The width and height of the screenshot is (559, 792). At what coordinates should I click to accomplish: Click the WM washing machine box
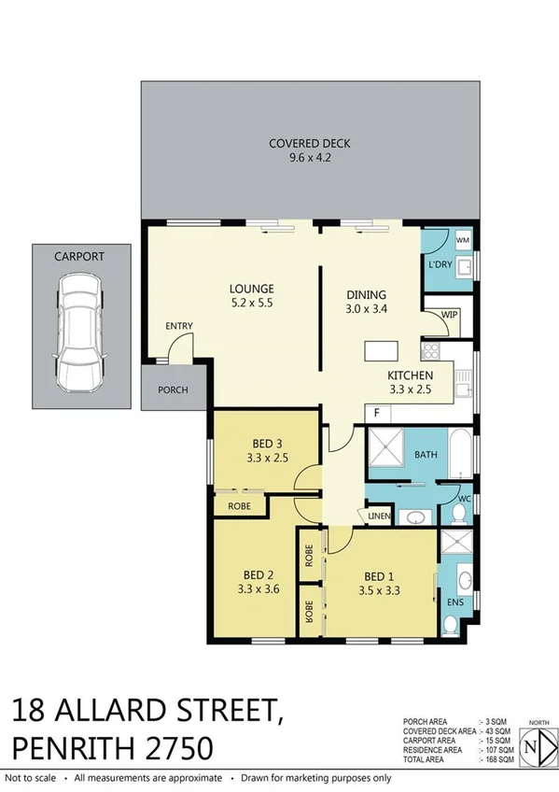[x=462, y=240]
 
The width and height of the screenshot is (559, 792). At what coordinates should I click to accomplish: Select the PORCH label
[x=172, y=390]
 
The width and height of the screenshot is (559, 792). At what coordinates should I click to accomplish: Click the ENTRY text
[x=179, y=326]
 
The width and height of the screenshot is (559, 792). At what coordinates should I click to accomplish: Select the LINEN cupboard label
[x=378, y=516]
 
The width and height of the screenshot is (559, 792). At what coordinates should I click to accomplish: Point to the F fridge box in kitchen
[x=376, y=412]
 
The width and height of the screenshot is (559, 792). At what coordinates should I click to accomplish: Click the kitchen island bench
[x=379, y=351]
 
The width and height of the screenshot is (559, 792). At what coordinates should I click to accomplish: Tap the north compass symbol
[x=531, y=747]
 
